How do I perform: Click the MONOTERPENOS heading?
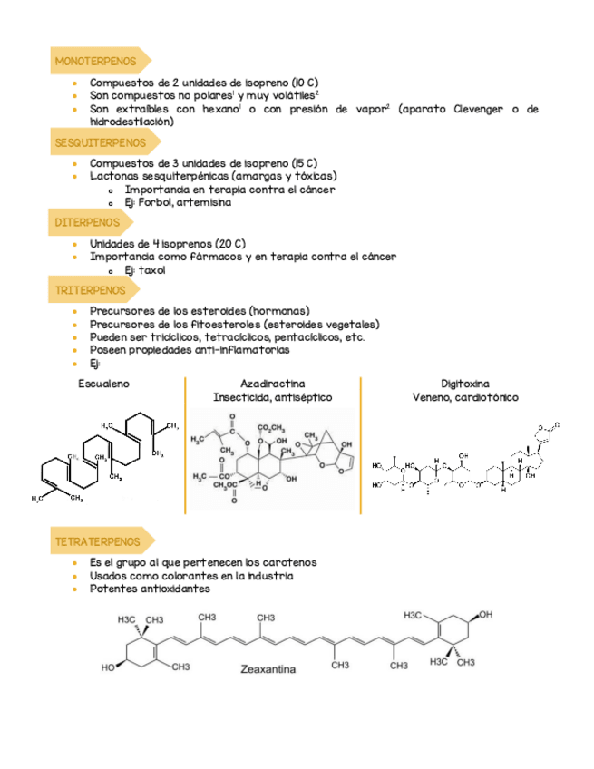pyautogui.click(x=96, y=62)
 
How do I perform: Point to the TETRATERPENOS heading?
pyautogui.click(x=98, y=541)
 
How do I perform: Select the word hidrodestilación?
pyautogui.click(x=131, y=121)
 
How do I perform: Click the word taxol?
pyautogui.click(x=151, y=270)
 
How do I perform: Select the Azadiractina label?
pyautogui.click(x=272, y=384)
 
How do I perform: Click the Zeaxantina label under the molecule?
pyautogui.click(x=269, y=672)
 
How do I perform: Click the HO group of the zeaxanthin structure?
pyautogui.click(x=108, y=669)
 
